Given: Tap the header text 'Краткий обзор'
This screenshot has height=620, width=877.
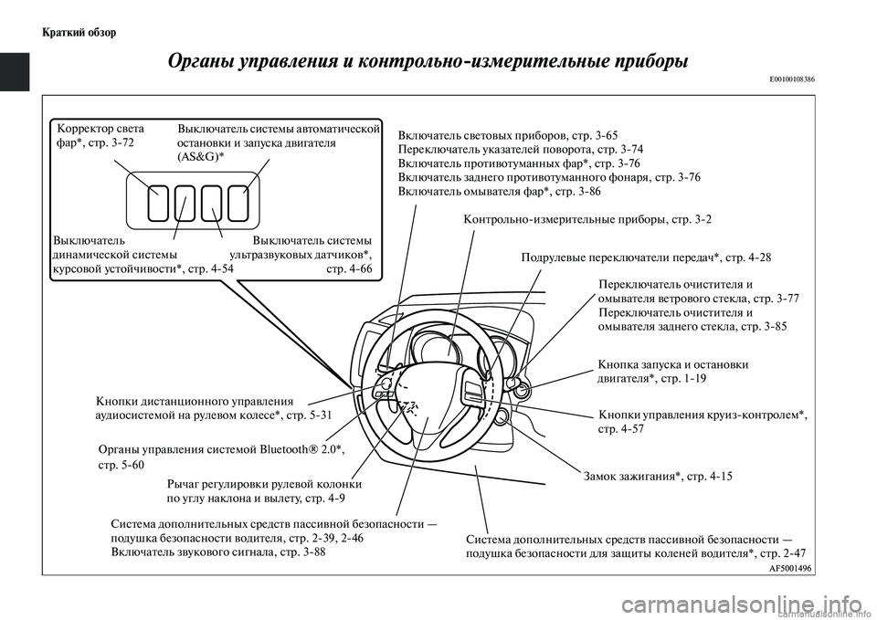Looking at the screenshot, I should pyautogui.click(x=79, y=33).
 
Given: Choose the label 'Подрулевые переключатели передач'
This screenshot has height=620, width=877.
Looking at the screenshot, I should pyautogui.click(x=645, y=257).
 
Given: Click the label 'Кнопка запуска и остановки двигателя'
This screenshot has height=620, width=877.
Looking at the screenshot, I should pyautogui.click(x=672, y=371).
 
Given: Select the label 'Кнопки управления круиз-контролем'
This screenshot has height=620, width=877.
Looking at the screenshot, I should pyautogui.click(x=703, y=421).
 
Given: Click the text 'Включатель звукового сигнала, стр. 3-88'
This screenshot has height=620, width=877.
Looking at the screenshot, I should pyautogui.click(x=217, y=552).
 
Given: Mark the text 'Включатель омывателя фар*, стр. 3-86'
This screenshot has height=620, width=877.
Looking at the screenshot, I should pyautogui.click(x=500, y=192).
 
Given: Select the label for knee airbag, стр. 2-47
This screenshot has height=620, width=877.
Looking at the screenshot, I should pyautogui.click(x=635, y=546).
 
